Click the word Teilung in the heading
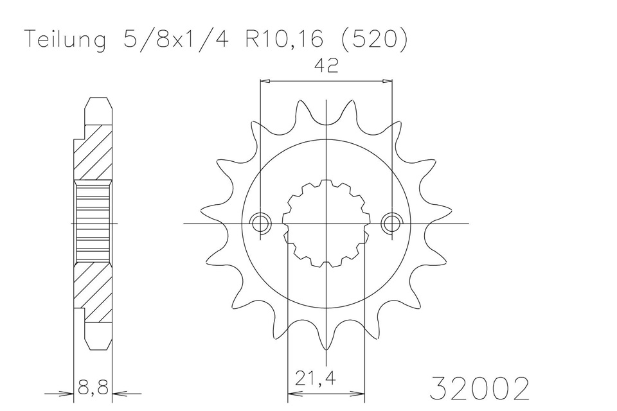click(65, 40)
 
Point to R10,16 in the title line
click(283, 40)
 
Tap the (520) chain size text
click(372, 40)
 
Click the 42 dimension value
click(326, 67)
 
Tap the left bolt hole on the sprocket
click(260, 223)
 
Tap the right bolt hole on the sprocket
click(391, 223)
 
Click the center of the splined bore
click(326, 223)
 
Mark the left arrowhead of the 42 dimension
click(264, 82)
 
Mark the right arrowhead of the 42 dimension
click(388, 82)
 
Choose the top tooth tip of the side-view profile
click(97, 101)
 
